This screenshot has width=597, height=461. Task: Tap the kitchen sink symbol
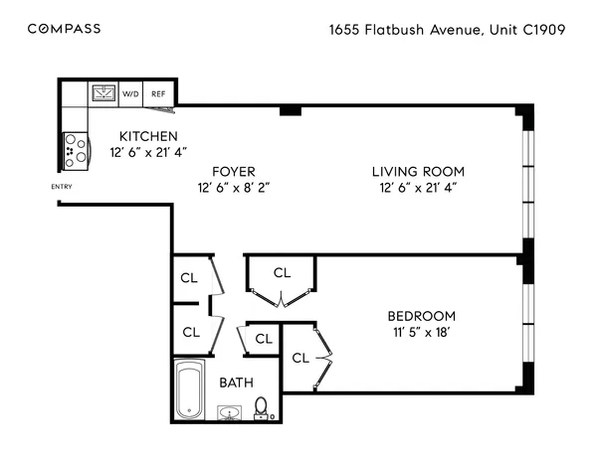(102, 93)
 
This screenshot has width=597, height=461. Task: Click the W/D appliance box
(130, 94)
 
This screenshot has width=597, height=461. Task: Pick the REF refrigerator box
(158, 94)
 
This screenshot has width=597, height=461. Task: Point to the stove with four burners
(73, 150)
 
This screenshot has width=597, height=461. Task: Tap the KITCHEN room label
(148, 136)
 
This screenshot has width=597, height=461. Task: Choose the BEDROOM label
(421, 316)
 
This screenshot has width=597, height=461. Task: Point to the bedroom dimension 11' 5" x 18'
(421, 333)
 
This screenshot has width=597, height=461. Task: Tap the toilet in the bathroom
(261, 407)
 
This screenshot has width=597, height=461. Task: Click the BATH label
(236, 382)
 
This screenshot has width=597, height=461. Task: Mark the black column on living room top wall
(290, 110)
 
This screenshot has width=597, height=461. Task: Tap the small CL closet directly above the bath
(263, 339)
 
